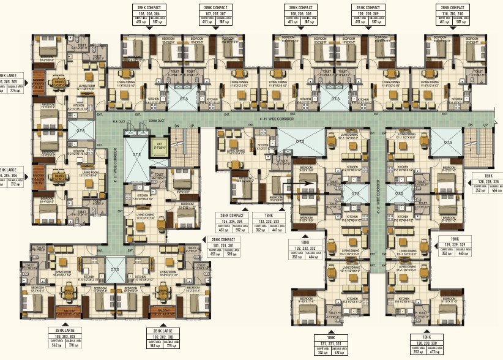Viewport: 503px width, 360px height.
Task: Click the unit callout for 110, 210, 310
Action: (x=453, y=15)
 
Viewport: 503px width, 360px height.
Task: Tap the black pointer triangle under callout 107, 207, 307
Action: (x=216, y=28)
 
